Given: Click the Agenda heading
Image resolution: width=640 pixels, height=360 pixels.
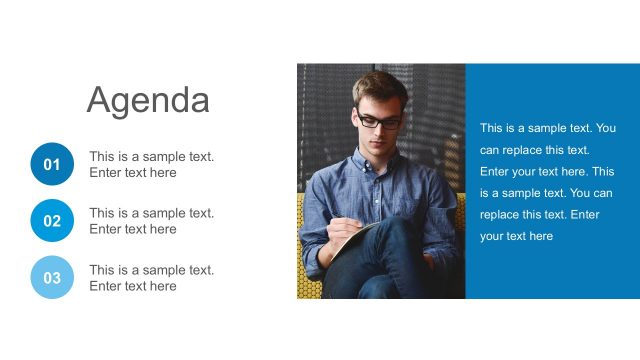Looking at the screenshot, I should pos(148,100).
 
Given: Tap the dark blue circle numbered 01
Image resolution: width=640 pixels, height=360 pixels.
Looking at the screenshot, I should pos(52,164).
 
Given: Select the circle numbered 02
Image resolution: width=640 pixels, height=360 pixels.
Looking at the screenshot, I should pos(52,221).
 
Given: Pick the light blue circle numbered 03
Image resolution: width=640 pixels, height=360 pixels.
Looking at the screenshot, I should pos(52,278).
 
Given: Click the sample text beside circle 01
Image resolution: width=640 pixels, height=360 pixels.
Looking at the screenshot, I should pos(151,164).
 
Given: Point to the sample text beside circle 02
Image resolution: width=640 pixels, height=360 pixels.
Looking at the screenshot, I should pos(151,221).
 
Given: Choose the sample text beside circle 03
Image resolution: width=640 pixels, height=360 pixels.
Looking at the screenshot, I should pos(151,278).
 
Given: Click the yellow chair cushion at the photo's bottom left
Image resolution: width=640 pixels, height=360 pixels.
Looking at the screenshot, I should pos(307,285).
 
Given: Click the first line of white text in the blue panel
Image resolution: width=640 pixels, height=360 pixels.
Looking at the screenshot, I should pos(547,128).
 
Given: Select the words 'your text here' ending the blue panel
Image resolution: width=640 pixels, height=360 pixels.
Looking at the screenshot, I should pos(516,236).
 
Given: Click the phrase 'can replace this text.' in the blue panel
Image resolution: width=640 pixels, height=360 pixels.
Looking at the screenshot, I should pos(535,150).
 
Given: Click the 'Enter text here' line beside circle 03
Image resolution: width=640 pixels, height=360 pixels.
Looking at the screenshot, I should pos(133,286).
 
